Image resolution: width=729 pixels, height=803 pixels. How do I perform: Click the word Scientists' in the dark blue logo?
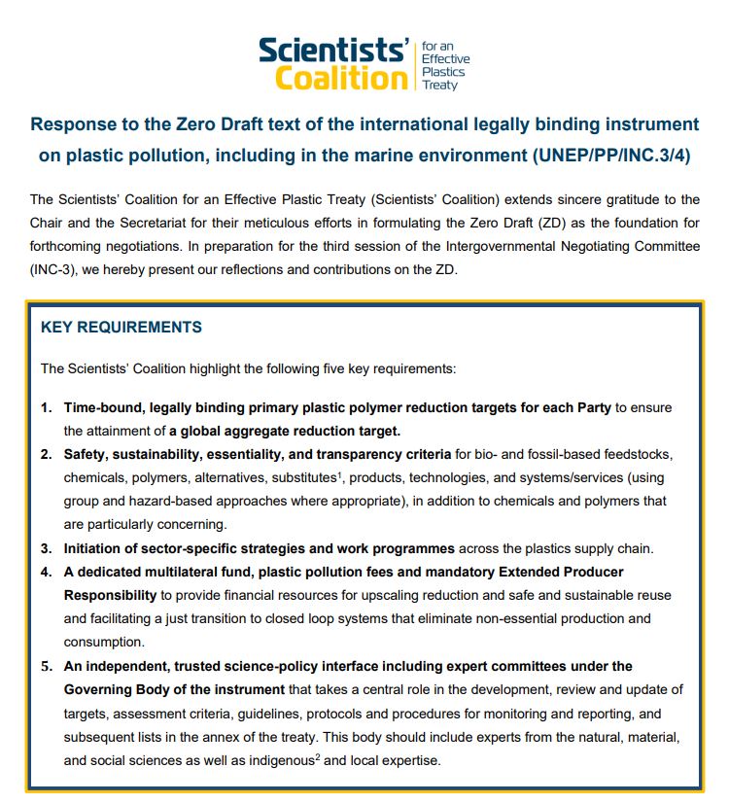(x=332, y=50)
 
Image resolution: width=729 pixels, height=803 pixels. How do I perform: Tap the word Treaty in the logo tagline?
(x=439, y=85)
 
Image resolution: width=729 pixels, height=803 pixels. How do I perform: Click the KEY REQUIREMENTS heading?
(x=121, y=328)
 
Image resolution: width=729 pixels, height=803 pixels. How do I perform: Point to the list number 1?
(x=46, y=407)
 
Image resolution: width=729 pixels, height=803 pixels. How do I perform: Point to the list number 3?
(x=46, y=549)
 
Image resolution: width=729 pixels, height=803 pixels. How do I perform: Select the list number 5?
(x=46, y=666)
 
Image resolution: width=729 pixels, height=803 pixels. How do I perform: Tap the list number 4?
(x=46, y=572)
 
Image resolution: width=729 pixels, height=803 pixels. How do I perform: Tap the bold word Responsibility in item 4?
(x=110, y=594)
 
